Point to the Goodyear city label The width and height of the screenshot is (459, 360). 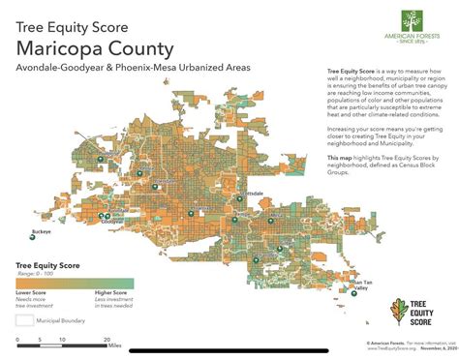[x=113, y=223]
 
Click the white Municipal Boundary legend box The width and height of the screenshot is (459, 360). [x=24, y=318]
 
